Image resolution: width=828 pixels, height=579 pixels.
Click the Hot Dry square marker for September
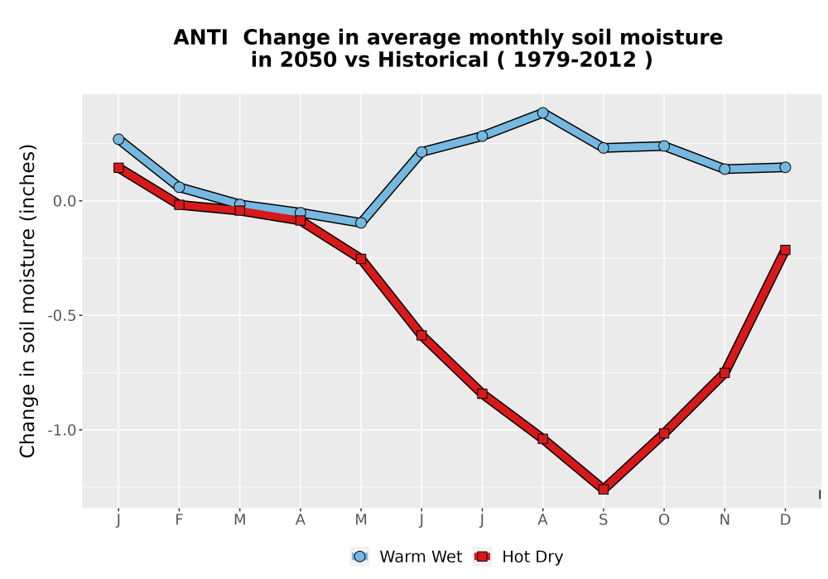603,489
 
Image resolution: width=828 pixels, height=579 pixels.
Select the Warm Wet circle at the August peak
542,112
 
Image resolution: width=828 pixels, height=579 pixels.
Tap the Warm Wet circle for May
361,223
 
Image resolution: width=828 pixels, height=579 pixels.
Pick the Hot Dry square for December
785,250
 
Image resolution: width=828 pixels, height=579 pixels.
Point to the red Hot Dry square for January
118,168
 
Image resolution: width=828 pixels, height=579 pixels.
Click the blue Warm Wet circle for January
118,139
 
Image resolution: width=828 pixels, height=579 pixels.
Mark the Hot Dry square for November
724,373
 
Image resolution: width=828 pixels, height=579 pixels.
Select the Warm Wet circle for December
785,167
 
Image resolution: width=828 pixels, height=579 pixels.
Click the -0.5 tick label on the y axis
62,315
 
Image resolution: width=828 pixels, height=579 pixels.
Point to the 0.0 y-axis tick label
65,201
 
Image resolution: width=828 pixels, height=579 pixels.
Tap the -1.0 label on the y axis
62,430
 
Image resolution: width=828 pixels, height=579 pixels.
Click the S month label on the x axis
603,520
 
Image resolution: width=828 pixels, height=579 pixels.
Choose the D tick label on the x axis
785,520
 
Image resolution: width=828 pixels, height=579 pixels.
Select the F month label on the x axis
179,520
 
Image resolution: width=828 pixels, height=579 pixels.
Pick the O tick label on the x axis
664,520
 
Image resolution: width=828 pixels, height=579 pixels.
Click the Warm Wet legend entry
406,557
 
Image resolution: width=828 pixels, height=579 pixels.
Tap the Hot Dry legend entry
518,557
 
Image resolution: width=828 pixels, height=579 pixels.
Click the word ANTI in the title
200,37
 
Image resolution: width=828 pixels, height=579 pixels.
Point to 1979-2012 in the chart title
575,60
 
